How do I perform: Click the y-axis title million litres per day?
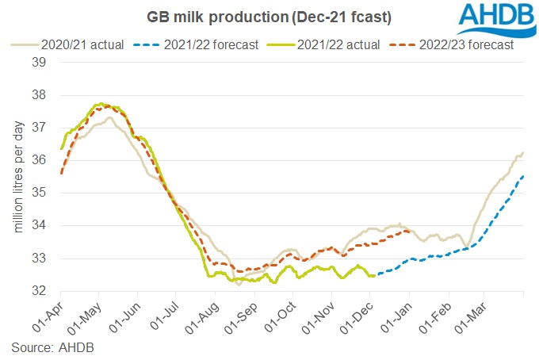point(17,177)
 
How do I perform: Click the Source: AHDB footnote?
point(52,347)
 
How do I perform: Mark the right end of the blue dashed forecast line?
point(524,176)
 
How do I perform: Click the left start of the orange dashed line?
point(61,172)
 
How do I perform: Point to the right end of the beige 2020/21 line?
point(524,152)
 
